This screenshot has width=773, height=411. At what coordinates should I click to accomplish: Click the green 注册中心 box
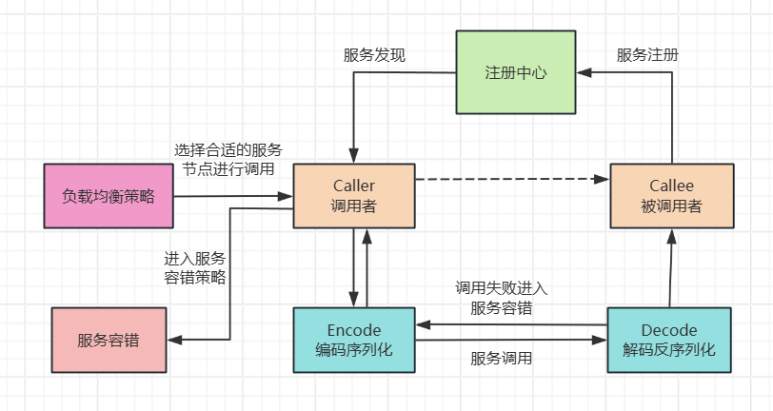click(515, 72)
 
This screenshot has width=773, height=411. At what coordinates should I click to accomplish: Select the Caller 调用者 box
click(353, 195)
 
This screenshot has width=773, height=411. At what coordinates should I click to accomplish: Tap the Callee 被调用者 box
click(671, 195)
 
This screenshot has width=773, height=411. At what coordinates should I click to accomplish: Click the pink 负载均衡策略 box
click(108, 196)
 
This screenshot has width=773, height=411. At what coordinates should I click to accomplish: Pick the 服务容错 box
click(108, 340)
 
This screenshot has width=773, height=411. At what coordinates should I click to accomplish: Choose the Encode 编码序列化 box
click(353, 340)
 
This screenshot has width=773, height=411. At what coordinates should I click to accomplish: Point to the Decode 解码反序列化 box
click(669, 340)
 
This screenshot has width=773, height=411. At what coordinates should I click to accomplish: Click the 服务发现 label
click(374, 55)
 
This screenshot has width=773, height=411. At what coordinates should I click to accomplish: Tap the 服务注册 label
click(647, 55)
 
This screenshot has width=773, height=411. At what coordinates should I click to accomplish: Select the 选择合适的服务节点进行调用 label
click(228, 160)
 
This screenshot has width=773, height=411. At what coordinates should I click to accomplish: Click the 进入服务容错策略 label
click(195, 268)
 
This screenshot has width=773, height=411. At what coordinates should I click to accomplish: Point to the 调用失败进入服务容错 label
click(501, 297)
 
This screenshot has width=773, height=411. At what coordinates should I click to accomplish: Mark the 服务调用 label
click(501, 359)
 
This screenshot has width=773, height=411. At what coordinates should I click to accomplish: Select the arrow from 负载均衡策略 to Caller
click(233, 196)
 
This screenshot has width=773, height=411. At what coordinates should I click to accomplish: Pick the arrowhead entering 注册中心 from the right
click(584, 72)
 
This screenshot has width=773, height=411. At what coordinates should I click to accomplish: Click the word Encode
click(353, 330)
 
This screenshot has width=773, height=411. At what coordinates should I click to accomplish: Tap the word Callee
click(671, 186)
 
